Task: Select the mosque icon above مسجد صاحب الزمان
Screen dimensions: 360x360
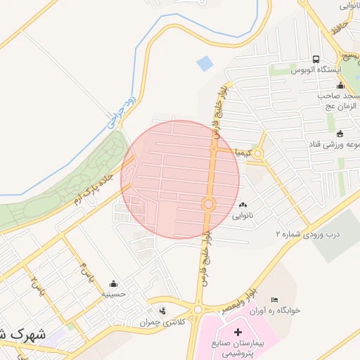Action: pos(340,85)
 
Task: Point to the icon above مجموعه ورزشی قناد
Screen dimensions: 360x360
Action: pos(340,134)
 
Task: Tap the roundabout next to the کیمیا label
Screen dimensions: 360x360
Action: pos(258,153)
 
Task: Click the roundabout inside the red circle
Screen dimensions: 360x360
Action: pos(208,205)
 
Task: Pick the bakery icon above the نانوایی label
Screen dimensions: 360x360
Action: pos(243,204)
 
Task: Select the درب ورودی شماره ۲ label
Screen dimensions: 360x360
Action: pos(307,233)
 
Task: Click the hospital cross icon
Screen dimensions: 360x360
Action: pos(238,331)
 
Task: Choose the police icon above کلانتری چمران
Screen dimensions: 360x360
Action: pos(163,310)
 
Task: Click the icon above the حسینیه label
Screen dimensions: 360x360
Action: pos(113,284)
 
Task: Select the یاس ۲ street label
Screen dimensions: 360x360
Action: pos(34,285)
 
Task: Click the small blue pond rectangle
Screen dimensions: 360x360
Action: pos(205,63)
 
